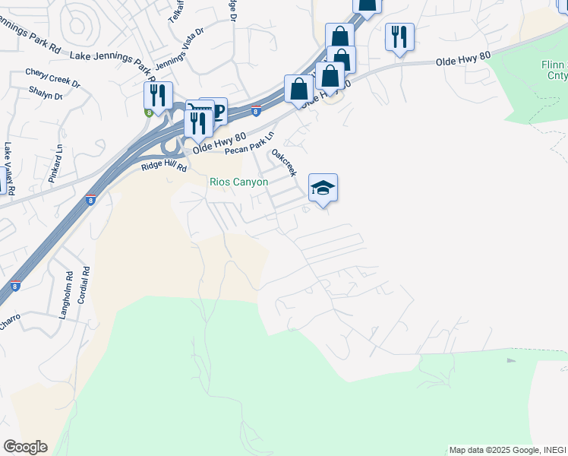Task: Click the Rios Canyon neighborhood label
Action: [x=239, y=182]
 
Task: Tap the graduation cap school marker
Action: [x=323, y=188]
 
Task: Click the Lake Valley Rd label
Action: [x=9, y=166]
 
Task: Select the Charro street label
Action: [x=9, y=323]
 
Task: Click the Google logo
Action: [x=25, y=447]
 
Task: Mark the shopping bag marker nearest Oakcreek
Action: [x=299, y=89]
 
